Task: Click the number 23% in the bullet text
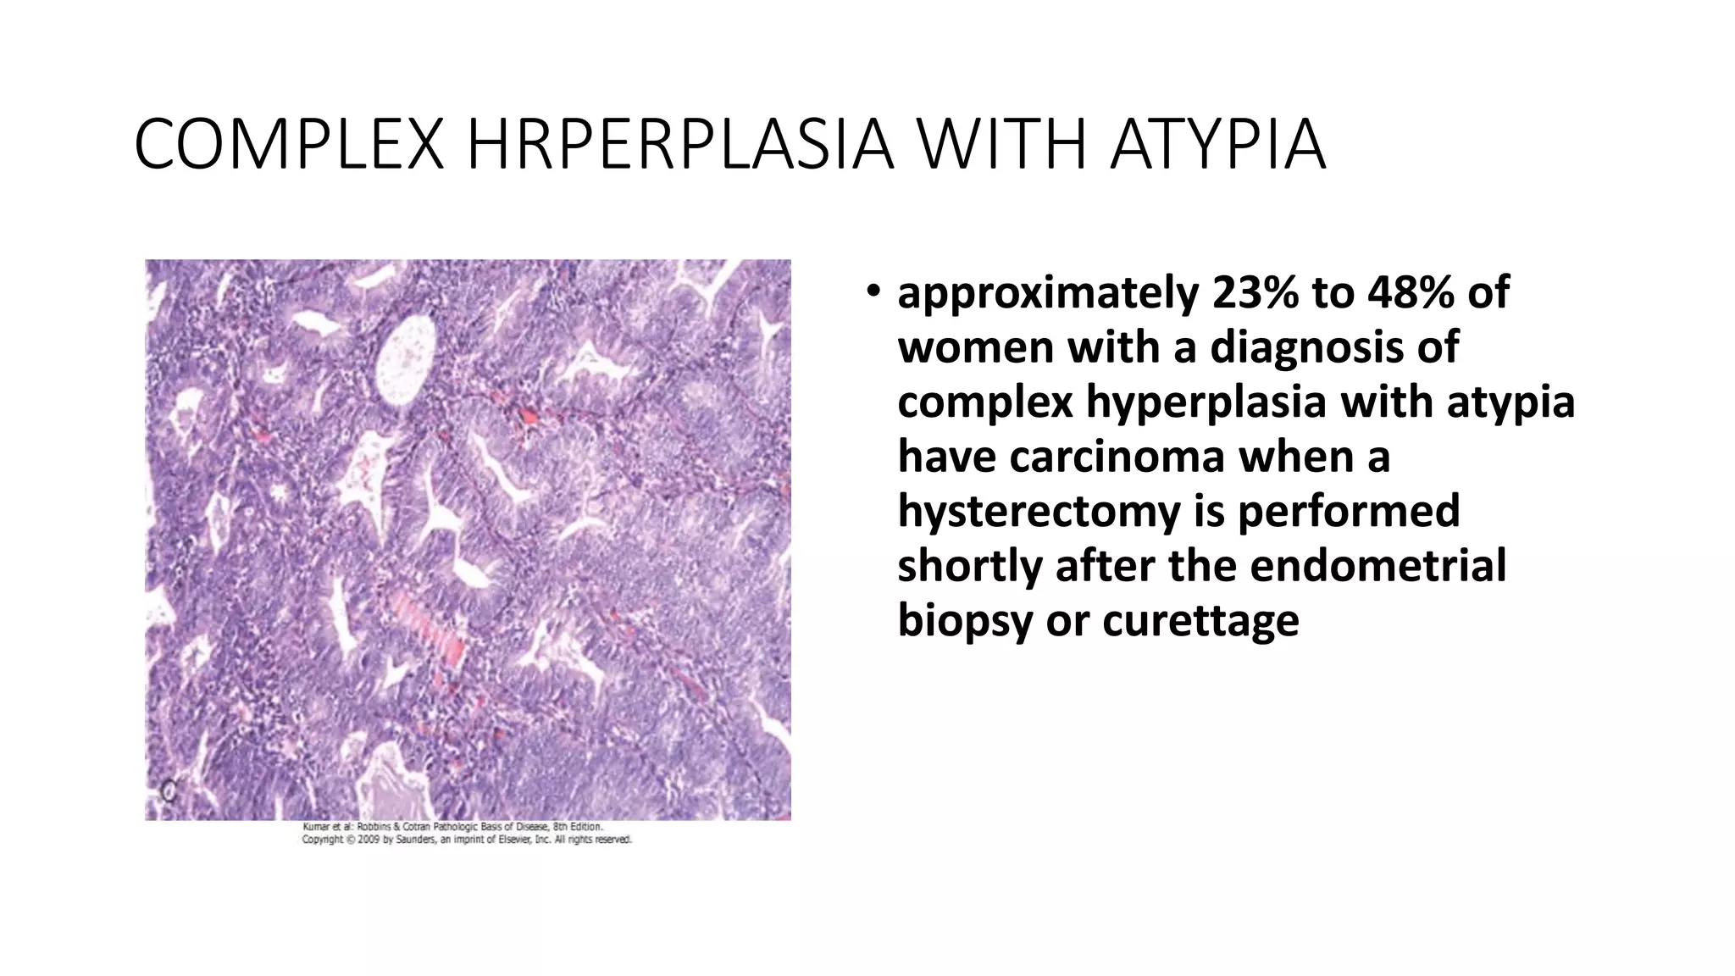tap(1255, 293)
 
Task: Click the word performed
tap(1349, 512)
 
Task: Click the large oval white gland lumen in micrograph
tap(406, 362)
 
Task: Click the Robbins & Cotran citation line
tap(452, 826)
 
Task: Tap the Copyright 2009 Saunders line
tap(467, 840)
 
